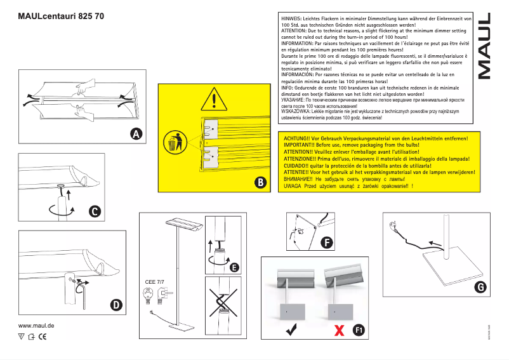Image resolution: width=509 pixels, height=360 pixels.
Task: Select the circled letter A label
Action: point(136,133)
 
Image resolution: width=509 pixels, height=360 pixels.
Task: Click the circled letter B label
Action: point(260,183)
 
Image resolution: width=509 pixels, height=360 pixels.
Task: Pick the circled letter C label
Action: point(93,211)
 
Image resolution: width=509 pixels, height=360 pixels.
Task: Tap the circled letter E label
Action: point(234,268)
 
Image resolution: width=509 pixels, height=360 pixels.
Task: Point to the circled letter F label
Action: point(326,243)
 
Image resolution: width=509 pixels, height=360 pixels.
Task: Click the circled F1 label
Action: point(359,330)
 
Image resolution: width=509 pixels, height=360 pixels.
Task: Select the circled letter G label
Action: point(480,287)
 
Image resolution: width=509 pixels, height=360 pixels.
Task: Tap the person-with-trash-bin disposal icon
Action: point(176,142)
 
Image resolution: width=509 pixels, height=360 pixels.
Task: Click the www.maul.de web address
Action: point(37,325)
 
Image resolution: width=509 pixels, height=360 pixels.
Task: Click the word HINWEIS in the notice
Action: point(293,20)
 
